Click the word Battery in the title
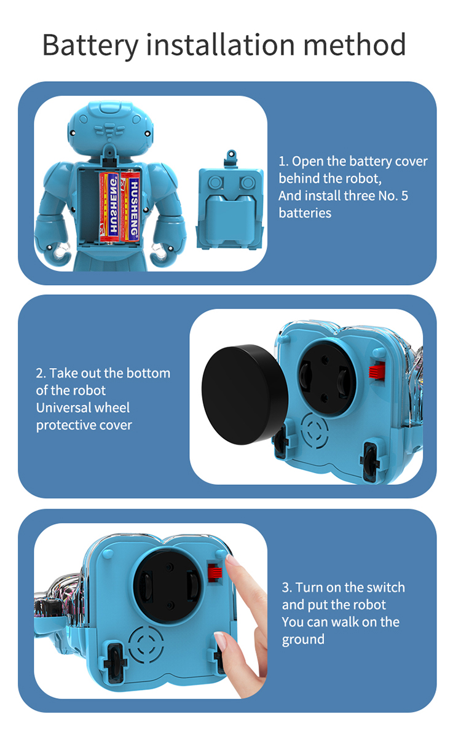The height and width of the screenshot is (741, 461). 90,45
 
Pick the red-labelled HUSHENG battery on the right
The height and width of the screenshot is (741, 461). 130,206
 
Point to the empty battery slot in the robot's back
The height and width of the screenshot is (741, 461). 89,206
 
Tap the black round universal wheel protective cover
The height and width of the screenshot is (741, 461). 245,394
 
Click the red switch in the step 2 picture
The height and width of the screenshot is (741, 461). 377,370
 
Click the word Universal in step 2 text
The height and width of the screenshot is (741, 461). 83,407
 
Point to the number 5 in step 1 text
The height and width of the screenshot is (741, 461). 404,196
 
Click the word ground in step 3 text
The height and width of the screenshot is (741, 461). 303,640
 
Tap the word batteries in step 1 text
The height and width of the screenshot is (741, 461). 305,213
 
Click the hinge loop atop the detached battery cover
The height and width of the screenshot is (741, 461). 231,155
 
